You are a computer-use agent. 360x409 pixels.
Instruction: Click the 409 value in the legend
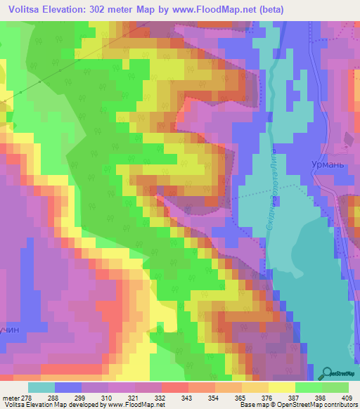coord(347,398)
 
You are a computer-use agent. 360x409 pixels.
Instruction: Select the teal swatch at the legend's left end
coord(41,387)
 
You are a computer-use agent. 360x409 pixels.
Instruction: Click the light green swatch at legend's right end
coord(335,387)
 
